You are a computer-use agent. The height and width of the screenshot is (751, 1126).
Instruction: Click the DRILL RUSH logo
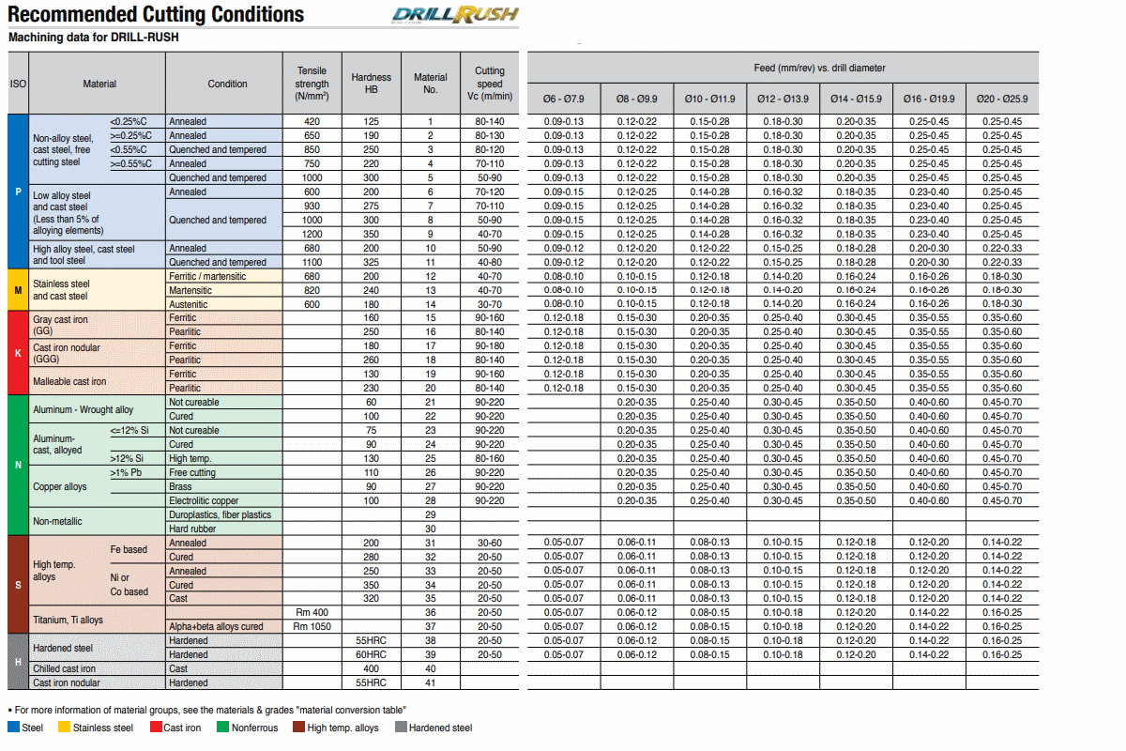[x=455, y=15]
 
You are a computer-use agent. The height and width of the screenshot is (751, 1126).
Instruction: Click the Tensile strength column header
[x=312, y=84]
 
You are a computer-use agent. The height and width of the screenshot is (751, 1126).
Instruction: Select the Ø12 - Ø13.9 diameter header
[x=783, y=100]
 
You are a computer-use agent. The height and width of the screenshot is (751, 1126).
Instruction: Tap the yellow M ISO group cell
[x=18, y=290]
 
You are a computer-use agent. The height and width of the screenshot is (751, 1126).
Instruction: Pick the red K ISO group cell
[x=18, y=353]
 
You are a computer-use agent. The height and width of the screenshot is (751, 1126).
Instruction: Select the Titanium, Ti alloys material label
[x=68, y=620]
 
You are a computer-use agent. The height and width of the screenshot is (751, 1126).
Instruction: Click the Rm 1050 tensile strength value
[x=312, y=626]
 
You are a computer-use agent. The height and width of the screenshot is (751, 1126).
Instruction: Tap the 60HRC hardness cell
[x=371, y=654]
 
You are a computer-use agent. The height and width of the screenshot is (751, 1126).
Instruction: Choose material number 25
[x=431, y=458]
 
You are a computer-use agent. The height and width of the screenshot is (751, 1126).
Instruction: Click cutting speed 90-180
[x=490, y=345]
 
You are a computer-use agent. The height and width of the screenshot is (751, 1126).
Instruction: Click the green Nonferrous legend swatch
[x=222, y=727]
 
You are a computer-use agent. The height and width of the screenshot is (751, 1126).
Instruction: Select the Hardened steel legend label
[x=440, y=728]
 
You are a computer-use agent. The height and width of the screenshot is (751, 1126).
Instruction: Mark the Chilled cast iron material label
[x=64, y=668]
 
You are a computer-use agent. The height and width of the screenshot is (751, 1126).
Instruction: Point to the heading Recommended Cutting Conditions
[x=156, y=14]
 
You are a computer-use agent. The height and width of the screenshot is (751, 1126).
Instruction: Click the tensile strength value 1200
[x=312, y=234]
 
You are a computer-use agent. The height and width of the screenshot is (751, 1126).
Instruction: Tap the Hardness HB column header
[x=371, y=84]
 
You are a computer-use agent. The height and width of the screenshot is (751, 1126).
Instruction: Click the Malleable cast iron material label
[x=69, y=381]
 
